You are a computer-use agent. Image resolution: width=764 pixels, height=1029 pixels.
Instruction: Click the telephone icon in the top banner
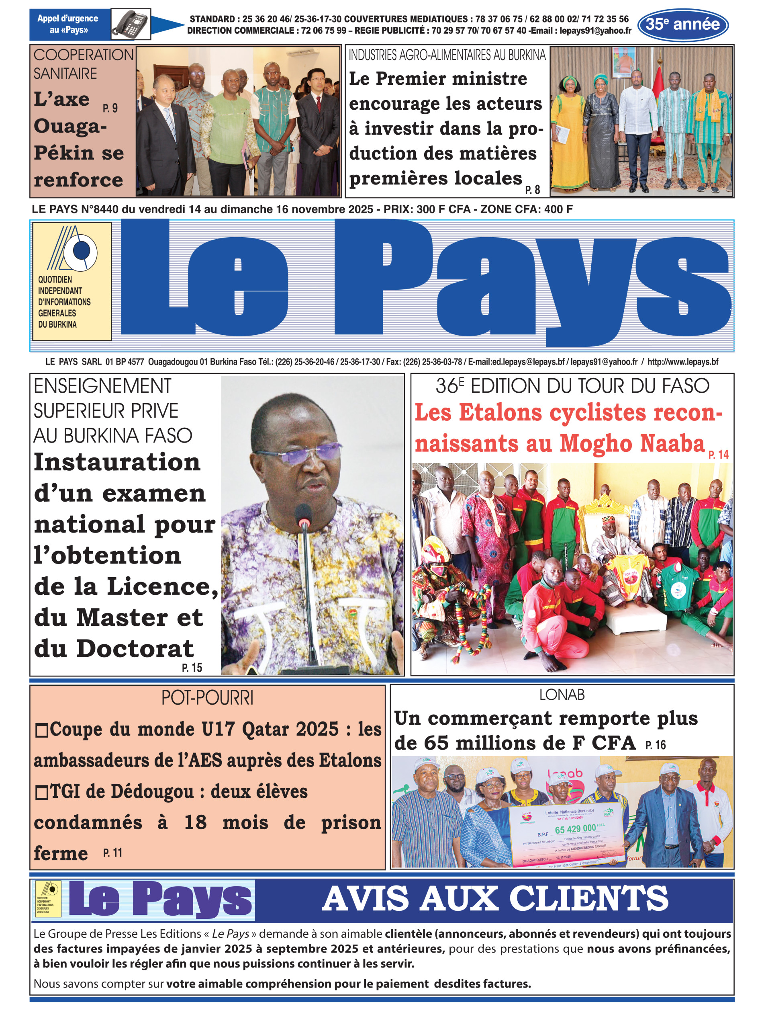[131, 24]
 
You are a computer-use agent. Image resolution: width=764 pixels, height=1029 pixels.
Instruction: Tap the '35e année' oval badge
[682, 25]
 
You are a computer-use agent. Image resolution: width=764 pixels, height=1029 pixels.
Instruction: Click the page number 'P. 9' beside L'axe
[110, 108]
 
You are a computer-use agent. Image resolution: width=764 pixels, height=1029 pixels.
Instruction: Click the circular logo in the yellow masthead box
[82, 251]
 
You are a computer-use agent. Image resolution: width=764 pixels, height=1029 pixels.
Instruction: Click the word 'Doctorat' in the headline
[135, 648]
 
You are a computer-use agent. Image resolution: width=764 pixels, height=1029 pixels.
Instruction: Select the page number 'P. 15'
[192, 668]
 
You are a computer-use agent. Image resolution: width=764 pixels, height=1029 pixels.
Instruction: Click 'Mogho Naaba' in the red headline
[632, 444]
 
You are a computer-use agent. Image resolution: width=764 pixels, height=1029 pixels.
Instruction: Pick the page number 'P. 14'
[718, 455]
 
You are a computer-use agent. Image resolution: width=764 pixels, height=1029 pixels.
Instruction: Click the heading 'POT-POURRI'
[207, 698]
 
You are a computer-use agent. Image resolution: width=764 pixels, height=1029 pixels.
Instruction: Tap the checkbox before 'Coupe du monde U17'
[42, 731]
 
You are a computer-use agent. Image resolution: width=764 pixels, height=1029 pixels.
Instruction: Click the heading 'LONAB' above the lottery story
[562, 695]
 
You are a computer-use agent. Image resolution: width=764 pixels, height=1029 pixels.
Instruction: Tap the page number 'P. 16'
[655, 745]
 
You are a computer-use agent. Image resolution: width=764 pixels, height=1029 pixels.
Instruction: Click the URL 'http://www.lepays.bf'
[682, 362]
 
